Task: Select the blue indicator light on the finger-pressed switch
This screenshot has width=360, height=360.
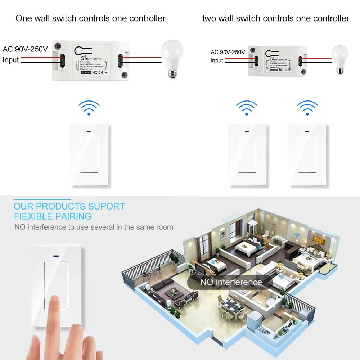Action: click(56, 257)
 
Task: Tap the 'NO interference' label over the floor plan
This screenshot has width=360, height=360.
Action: click(231, 282)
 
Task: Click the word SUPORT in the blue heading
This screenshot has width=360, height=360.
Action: click(107, 207)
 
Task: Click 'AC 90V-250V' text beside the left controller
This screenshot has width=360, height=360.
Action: click(25, 49)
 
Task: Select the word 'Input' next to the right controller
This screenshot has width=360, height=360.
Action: click(217, 60)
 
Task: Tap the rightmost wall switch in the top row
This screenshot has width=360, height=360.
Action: click(307, 155)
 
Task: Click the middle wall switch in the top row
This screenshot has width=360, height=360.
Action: click(247, 155)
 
